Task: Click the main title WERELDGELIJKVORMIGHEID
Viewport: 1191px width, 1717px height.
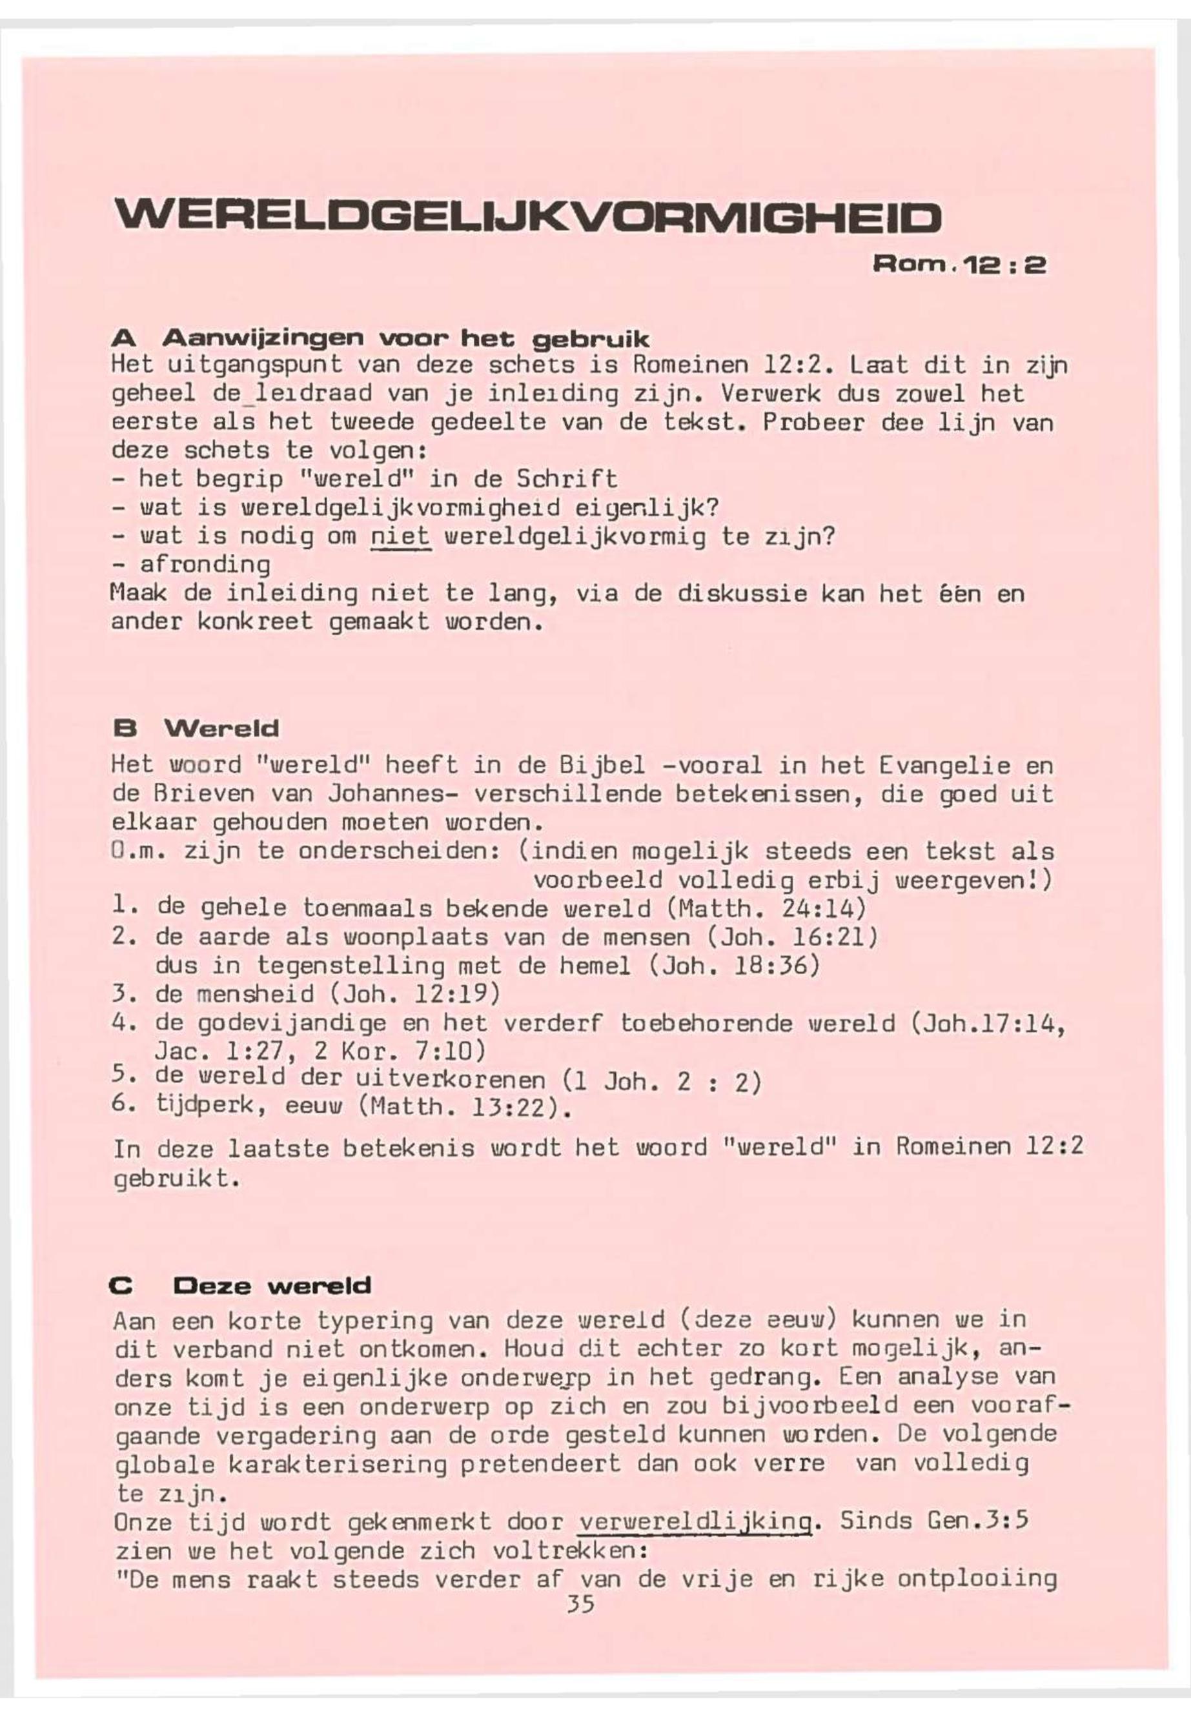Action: [x=526, y=217]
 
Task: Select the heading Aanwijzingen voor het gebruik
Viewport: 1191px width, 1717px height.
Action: [x=406, y=340]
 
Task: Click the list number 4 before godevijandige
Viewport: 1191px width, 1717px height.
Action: [x=120, y=1023]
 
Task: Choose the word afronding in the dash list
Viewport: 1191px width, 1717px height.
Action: [x=205, y=565]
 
